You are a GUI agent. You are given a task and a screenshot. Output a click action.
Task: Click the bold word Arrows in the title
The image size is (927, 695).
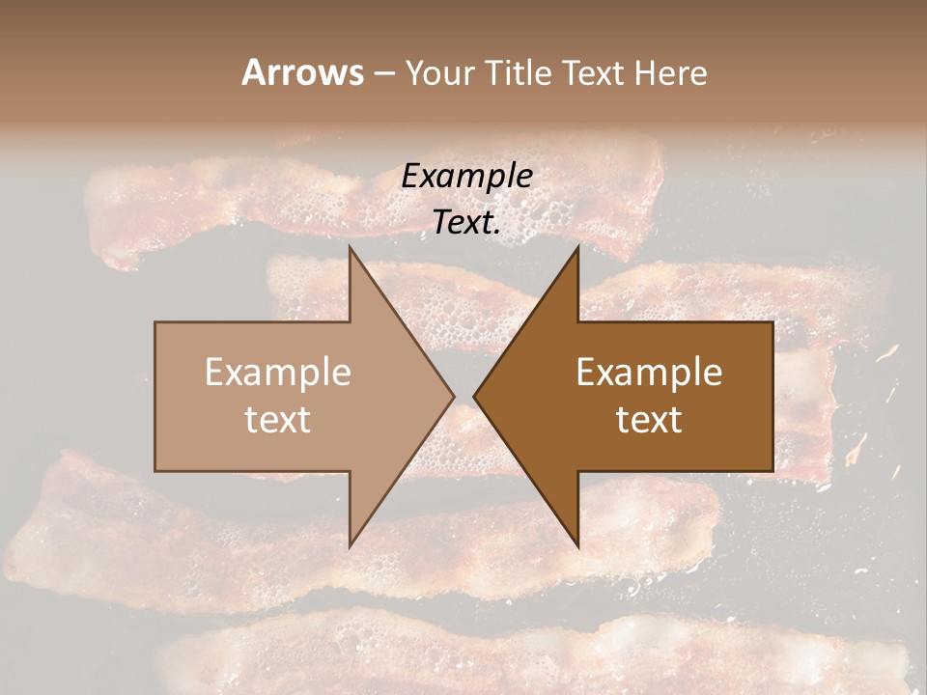click(x=302, y=72)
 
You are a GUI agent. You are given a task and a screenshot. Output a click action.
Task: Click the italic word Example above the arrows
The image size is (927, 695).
click(x=467, y=177)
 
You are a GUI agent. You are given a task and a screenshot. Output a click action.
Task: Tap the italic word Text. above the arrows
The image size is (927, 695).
click(x=467, y=223)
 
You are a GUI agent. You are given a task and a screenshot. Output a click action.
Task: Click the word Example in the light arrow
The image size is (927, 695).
click(x=278, y=373)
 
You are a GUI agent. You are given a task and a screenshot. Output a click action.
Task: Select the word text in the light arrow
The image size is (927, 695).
click(x=278, y=419)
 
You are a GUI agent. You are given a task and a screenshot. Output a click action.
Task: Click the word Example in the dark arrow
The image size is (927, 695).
click(x=649, y=373)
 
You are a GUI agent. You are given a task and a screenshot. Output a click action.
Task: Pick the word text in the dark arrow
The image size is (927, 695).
click(x=649, y=419)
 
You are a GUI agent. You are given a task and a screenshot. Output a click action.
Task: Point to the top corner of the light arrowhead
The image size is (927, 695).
click(x=351, y=247)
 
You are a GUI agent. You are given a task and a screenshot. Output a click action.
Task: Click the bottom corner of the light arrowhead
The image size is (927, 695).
click(x=351, y=545)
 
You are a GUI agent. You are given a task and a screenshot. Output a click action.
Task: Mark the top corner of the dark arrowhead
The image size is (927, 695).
click(x=577, y=247)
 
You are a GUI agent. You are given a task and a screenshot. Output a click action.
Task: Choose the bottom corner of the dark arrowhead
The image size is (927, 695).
click(x=577, y=545)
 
